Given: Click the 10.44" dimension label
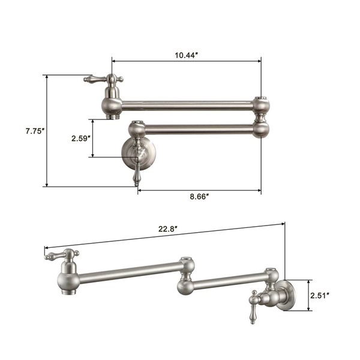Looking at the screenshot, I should [187, 55].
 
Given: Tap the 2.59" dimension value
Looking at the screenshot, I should [80, 139].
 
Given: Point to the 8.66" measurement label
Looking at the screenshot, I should [198, 197].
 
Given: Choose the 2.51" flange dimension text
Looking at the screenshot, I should [321, 295].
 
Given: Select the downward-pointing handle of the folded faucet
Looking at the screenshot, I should [137, 175].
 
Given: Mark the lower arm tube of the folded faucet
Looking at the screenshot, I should [198, 128].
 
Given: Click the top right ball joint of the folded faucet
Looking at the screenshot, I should [260, 105].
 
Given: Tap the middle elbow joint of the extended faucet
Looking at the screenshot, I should [185, 277].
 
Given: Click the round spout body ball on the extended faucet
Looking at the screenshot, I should [68, 279].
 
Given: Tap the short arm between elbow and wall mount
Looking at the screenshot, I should [228, 280].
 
